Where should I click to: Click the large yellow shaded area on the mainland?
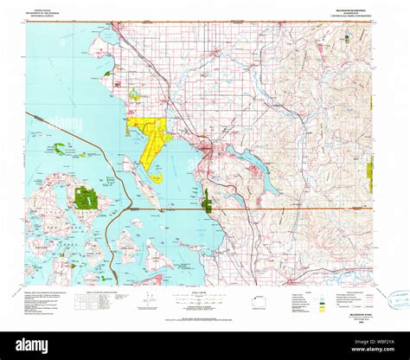[152, 131]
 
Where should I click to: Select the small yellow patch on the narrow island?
[156, 178]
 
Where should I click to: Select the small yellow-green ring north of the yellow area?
[133, 93]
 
